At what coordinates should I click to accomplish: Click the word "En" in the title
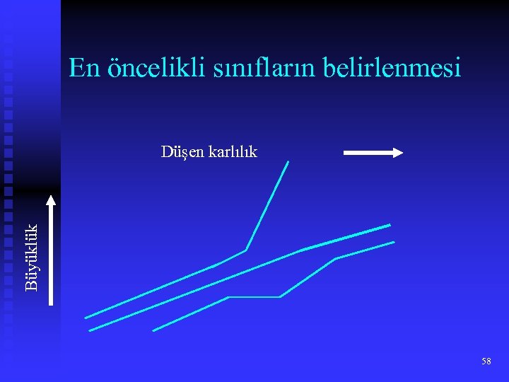point(84,68)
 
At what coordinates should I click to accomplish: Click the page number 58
point(486,361)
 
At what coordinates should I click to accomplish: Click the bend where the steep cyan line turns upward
point(245,250)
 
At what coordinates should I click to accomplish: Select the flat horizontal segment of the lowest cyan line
point(255,297)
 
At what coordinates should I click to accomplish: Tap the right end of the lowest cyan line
point(394,242)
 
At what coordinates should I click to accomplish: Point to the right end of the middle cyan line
point(390,225)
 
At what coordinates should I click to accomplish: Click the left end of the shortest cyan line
point(153,330)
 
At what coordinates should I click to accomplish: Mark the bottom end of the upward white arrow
point(51,303)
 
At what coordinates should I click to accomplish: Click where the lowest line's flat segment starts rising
point(281,297)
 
